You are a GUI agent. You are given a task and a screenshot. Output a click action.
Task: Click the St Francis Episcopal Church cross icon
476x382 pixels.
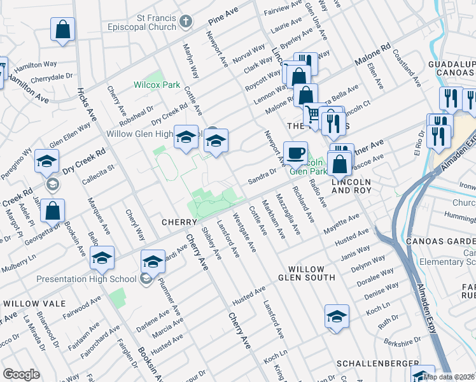pos(186,22)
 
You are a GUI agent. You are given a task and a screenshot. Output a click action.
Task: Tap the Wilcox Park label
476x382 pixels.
pos(150,84)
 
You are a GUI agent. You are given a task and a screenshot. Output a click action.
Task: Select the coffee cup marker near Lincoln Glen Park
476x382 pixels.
pos(295,153)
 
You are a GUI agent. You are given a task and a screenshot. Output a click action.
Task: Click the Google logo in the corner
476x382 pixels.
pos(21,374)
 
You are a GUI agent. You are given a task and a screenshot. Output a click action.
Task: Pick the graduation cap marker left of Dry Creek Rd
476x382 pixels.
pos(46,162)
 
